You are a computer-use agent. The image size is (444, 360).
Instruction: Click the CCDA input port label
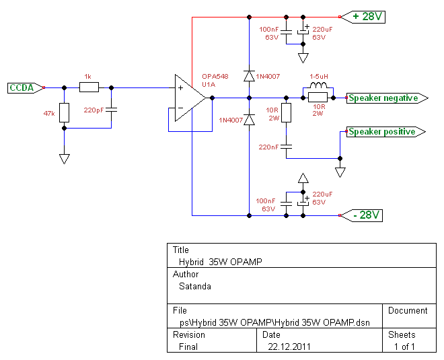coord(25,87)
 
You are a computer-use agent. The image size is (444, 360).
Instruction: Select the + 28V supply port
coord(363,17)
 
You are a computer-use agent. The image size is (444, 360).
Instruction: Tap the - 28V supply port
coord(362,215)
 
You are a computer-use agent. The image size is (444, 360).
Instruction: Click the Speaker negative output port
coord(387,98)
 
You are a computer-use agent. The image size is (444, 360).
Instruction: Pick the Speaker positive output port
coord(385,132)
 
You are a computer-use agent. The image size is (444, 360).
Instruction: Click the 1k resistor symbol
coord(89,87)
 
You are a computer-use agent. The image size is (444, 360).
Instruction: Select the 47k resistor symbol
coord(65,113)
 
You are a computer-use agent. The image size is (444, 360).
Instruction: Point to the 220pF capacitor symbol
coord(111,110)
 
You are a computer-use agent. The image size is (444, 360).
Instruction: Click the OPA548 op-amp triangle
coord(190,98)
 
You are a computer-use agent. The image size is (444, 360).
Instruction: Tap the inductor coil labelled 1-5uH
coord(318,85)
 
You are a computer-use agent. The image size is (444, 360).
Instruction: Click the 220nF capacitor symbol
coord(287,147)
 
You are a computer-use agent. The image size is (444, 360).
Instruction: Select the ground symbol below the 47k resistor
coord(65,159)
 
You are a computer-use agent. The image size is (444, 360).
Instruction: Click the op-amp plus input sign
coord(180,87)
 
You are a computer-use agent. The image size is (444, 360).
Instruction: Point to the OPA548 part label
coord(215,77)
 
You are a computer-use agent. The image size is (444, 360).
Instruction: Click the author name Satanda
coord(195,287)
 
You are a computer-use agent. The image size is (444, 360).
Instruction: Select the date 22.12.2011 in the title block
coord(289,347)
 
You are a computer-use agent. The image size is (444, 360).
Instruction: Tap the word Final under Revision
coord(188,347)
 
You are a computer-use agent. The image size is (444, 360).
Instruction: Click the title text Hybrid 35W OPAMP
coord(221,262)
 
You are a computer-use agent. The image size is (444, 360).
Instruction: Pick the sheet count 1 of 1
coord(404,347)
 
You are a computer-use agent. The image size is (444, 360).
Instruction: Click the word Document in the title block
coord(408,310)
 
